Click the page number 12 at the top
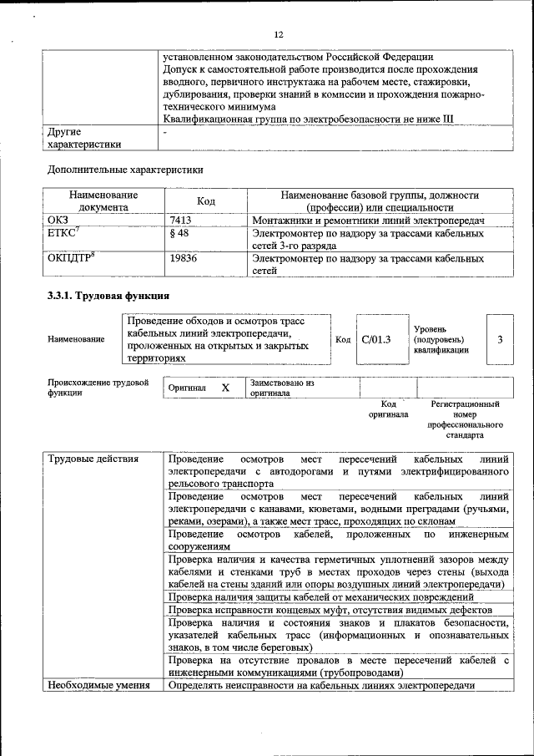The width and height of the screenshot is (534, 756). (280, 34)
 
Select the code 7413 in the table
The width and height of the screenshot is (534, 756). (182, 220)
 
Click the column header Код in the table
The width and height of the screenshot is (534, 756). (205, 201)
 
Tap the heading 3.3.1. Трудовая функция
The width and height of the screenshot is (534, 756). (108, 296)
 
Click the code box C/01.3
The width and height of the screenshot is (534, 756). (376, 339)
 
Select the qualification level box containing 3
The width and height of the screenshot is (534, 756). (499, 339)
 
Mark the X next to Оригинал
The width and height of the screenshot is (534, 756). (225, 388)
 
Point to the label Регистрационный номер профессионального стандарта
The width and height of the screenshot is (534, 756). (465, 419)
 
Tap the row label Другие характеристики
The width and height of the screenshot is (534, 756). (83, 138)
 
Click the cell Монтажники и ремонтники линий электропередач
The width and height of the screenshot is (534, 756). (368, 220)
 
